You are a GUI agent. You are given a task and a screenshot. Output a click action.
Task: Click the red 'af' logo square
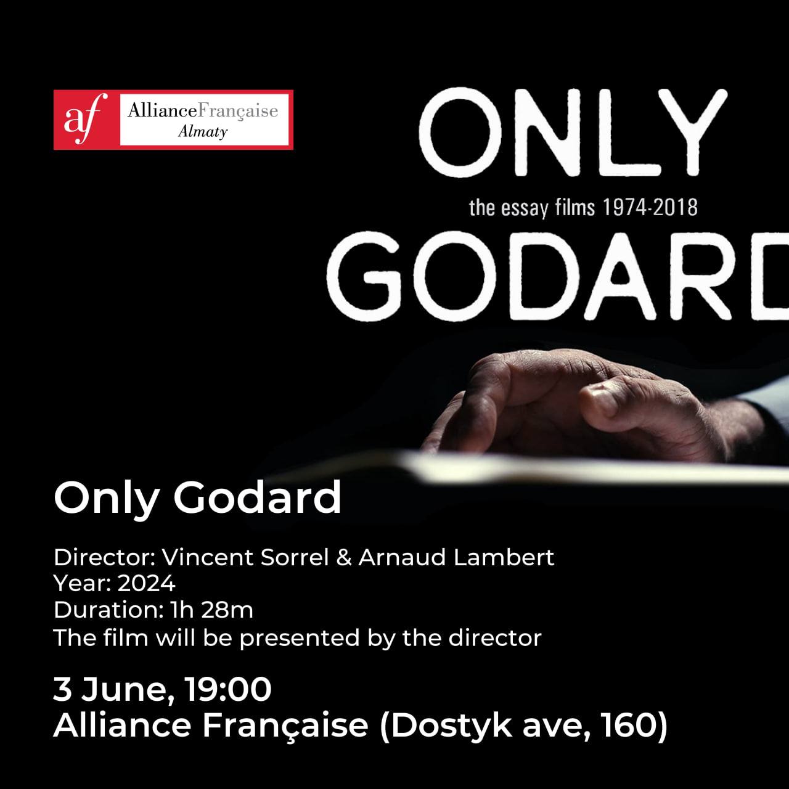click(x=86, y=120)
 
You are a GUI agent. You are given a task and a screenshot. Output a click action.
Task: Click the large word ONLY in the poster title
click(x=573, y=132)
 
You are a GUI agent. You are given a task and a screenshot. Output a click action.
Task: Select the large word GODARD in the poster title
click(x=558, y=277)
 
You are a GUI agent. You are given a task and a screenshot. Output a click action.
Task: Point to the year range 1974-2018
click(x=650, y=208)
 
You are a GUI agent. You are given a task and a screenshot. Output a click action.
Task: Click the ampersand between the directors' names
click(x=344, y=558)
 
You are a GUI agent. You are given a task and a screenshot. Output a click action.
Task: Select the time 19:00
click(x=228, y=689)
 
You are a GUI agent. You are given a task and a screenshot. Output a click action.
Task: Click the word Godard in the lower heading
click(x=257, y=497)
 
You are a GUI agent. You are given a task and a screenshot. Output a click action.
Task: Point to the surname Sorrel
click(x=295, y=557)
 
